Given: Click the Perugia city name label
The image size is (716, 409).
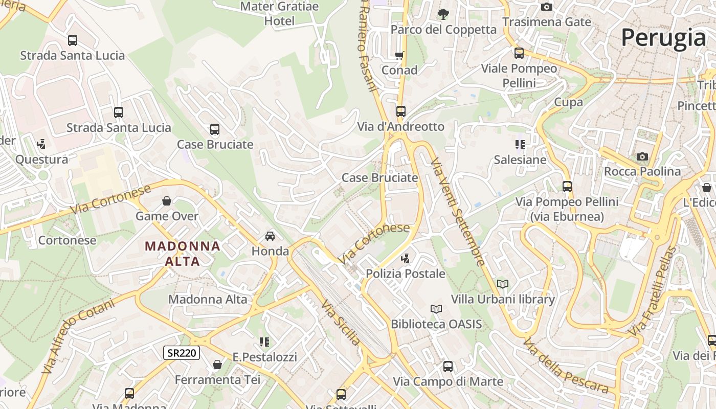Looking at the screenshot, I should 663,37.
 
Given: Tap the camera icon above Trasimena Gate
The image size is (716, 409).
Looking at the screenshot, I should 547,7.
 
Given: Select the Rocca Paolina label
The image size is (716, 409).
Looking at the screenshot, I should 642,171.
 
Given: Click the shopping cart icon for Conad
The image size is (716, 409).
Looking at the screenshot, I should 399,55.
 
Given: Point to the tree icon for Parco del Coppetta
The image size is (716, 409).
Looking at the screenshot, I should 443,14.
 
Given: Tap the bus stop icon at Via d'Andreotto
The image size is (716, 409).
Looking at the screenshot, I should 400,111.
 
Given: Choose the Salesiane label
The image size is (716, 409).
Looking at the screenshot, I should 520,160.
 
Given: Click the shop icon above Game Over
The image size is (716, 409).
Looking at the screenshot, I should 166,201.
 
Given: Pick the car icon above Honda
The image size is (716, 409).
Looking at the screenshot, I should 270,236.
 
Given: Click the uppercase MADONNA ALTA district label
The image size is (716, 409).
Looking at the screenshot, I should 183,254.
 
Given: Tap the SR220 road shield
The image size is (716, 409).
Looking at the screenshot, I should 182,353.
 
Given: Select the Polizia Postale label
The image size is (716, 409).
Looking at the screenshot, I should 406,274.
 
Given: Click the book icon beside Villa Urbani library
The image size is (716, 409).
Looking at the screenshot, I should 503,284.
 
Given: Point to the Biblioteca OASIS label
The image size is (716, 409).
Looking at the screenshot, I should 436,324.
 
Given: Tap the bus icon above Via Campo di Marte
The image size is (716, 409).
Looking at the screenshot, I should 448,366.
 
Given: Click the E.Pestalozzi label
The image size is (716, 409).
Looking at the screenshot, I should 264,357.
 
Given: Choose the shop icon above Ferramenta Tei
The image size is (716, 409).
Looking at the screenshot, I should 217,365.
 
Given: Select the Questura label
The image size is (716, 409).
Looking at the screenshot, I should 41,160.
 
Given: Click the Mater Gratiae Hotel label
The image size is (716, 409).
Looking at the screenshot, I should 279,14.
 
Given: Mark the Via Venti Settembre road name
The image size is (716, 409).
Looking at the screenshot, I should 458,212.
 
